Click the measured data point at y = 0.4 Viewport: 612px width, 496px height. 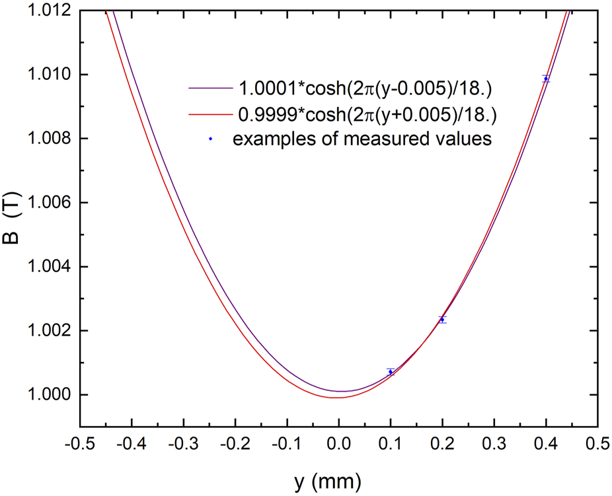[546, 79]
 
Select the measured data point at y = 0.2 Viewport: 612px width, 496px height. [442, 320]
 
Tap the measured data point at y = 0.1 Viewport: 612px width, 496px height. [391, 372]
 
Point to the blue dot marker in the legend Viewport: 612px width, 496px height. [209, 139]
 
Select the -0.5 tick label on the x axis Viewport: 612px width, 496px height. [77, 443]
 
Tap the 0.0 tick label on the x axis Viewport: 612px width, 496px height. [338, 443]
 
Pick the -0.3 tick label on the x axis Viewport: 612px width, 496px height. [182, 443]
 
